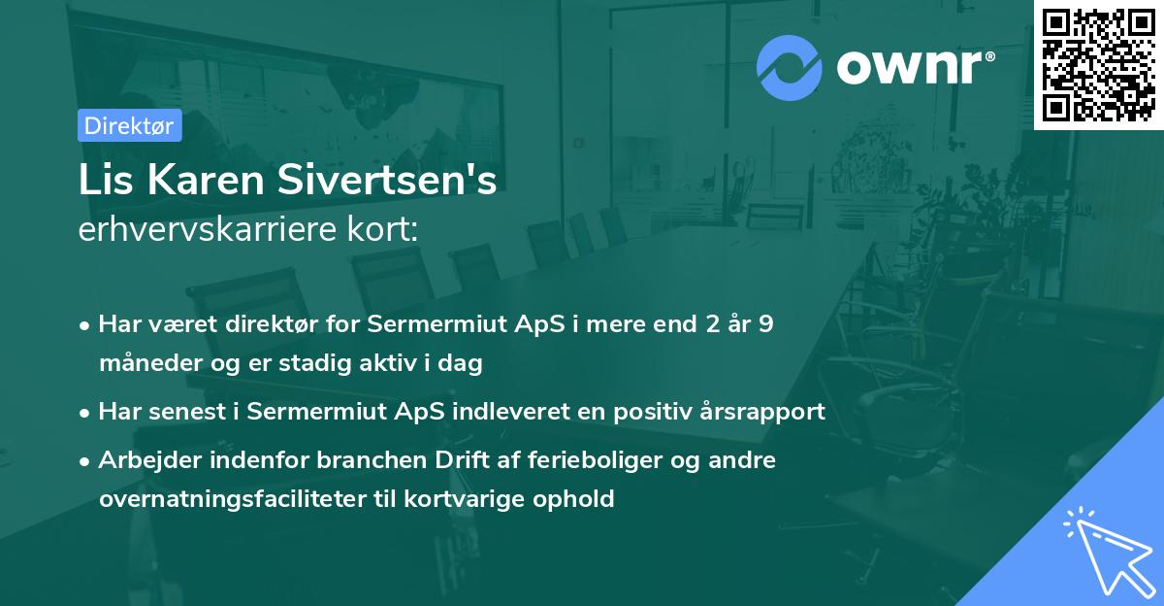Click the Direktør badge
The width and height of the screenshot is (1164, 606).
coord(129,125)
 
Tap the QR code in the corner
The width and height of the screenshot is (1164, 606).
coord(1099,64)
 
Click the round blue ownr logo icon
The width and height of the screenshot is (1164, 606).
coord(790,67)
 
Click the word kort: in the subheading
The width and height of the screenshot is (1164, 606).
coord(383,230)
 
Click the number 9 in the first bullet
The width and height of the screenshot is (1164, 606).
coord(766,324)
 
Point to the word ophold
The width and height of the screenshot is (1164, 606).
coord(578,499)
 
